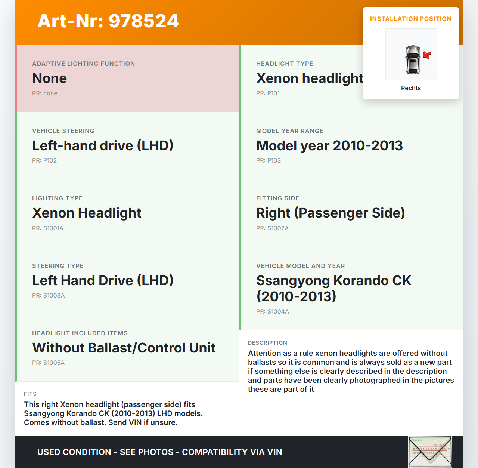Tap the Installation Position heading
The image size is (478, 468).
410,19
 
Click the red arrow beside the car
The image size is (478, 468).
427,55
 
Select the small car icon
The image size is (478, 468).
413,59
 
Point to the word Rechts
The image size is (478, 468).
411,88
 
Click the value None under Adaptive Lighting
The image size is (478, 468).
49,78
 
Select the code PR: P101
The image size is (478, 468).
268,93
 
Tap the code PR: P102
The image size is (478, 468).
44,160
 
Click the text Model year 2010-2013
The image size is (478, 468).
329,146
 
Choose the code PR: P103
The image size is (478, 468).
269,160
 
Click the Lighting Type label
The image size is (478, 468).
57,198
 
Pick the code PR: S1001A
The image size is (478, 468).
48,228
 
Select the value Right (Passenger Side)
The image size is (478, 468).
330,213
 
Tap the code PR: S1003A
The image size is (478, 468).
49,295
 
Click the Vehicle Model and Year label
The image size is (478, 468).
300,266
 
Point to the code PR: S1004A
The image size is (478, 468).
273,311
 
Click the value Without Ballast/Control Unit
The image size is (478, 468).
124,348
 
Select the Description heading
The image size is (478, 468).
267,343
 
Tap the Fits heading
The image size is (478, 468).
30,394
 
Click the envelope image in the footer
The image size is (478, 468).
430,452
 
